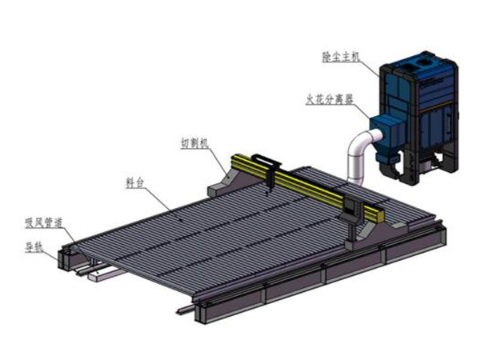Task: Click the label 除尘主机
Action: tap(340, 57)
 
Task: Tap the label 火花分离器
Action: tap(330, 99)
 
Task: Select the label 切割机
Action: tap(194, 143)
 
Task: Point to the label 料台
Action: tap(134, 182)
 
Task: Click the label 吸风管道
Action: tap(44, 222)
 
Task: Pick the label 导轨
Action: tap(34, 247)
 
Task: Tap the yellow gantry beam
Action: tap(307, 186)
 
